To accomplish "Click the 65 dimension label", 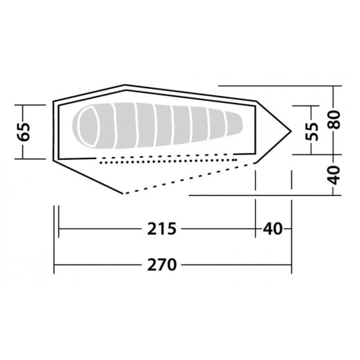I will [x=25, y=131].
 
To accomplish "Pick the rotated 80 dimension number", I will [x=335, y=120].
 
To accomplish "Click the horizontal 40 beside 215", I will [x=272, y=229].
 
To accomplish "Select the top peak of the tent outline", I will [x=125, y=86].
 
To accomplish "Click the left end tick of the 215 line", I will [x=60, y=229].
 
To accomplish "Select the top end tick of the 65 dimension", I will [x=25, y=105].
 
